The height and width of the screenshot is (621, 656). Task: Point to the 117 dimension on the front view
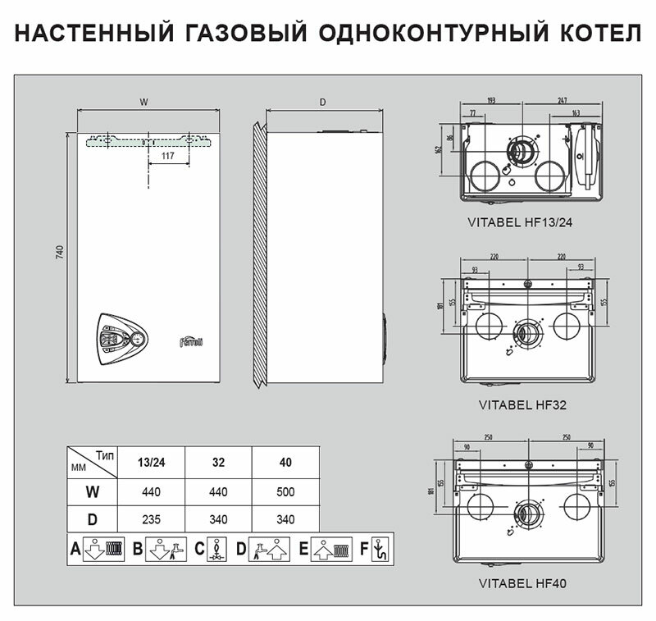pyautogui.click(x=167, y=156)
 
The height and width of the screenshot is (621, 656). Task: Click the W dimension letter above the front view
pyautogui.click(x=144, y=103)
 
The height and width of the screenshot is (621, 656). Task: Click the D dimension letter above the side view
pyautogui.click(x=323, y=103)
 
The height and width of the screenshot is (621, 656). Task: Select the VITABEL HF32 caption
pyautogui.click(x=522, y=404)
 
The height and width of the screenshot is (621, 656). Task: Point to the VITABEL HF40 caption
pyautogui.click(x=522, y=585)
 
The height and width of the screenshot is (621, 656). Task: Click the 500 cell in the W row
pyautogui.click(x=285, y=492)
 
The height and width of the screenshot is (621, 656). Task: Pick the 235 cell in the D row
pyautogui.click(x=151, y=518)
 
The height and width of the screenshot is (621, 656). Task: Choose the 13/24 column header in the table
pyautogui.click(x=151, y=462)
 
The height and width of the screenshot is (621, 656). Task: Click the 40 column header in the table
pyautogui.click(x=285, y=462)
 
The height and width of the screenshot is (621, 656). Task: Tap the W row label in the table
pyautogui.click(x=91, y=492)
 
